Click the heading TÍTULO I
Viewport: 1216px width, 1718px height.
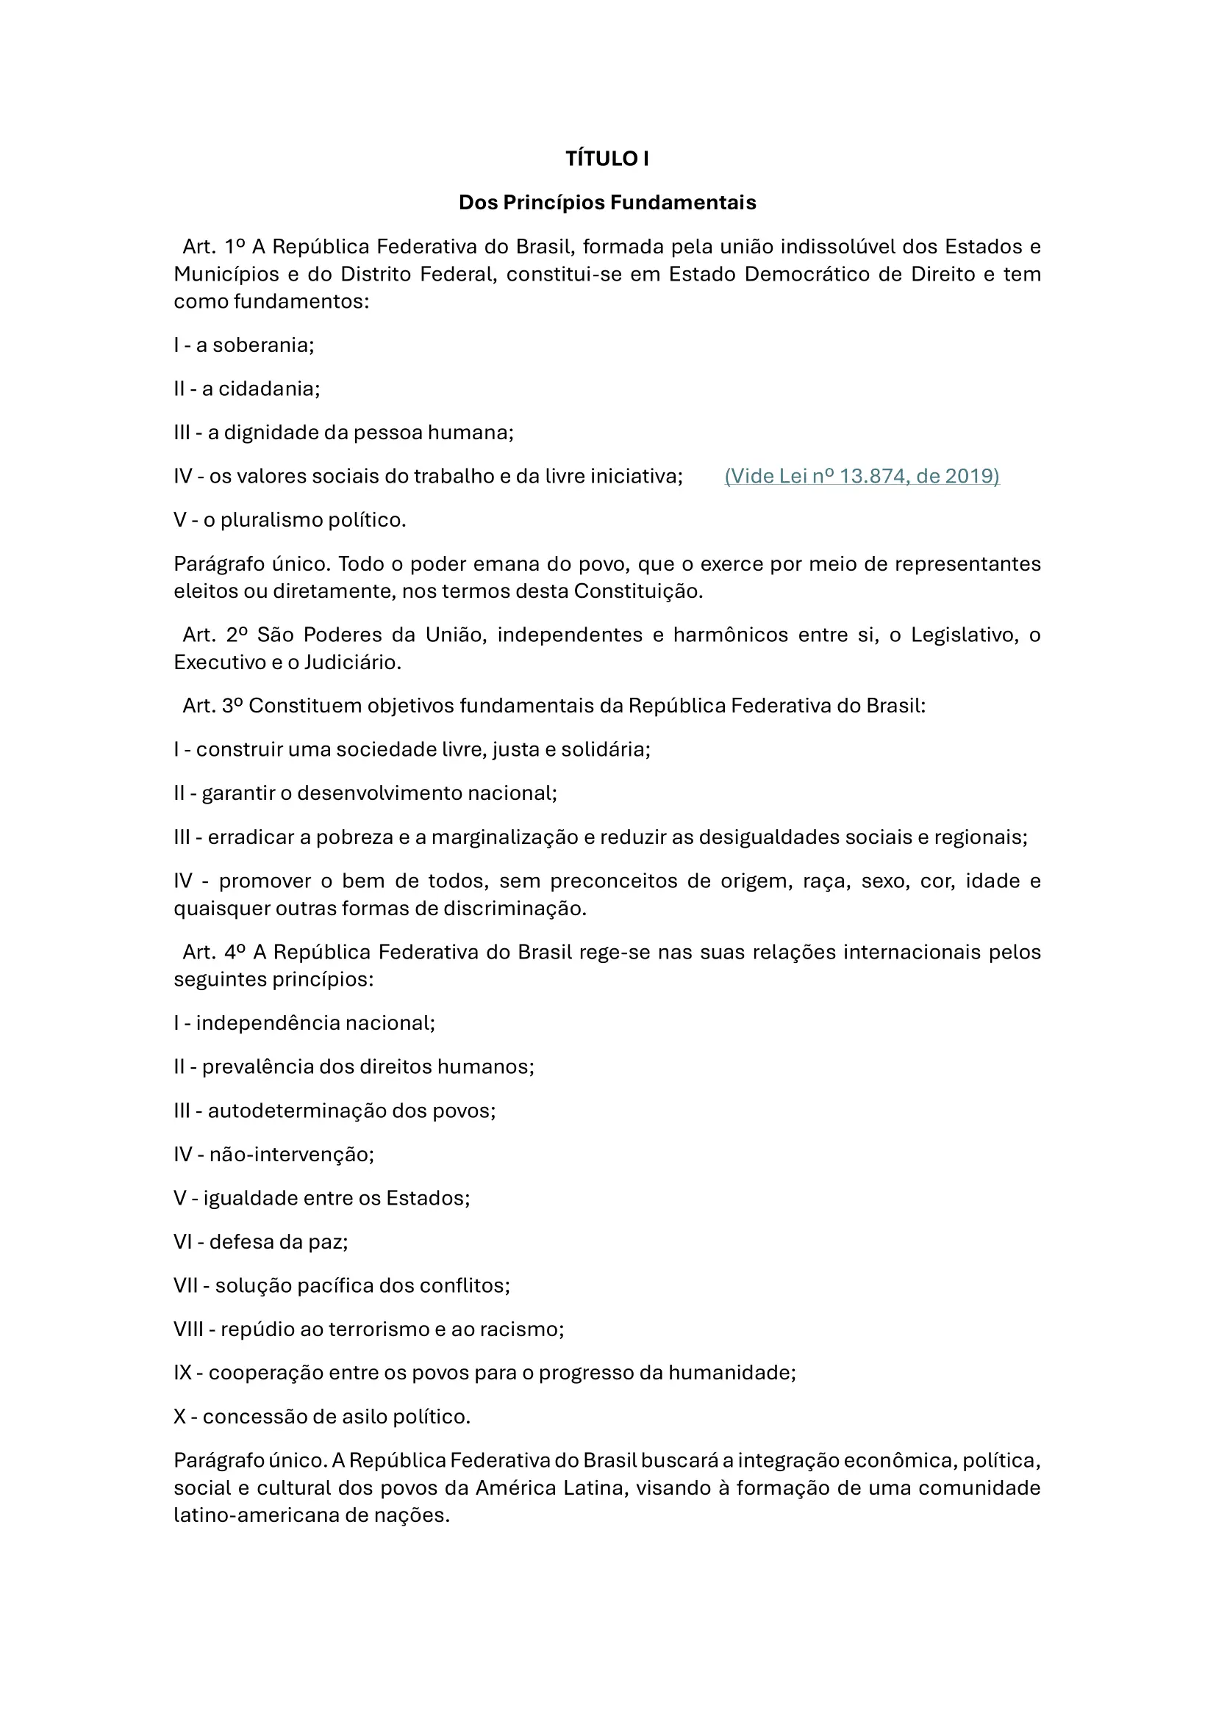click(607, 159)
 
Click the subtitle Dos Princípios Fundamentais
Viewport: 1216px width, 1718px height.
click(607, 203)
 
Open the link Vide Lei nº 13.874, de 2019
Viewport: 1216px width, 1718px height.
click(862, 477)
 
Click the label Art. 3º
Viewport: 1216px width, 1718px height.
click(212, 707)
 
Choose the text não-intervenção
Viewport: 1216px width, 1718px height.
click(290, 1155)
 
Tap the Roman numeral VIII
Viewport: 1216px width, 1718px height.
click(189, 1329)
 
